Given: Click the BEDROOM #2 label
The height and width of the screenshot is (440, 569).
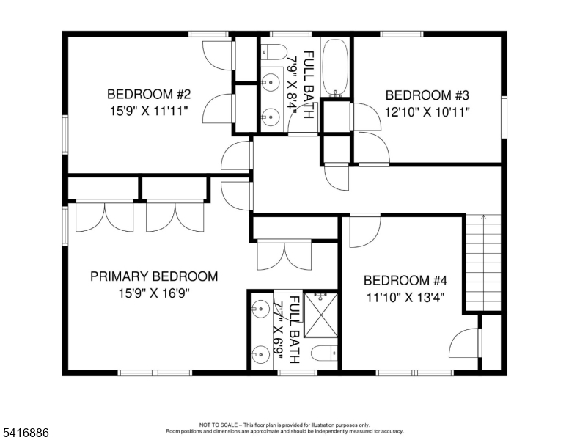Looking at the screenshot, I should (149, 94).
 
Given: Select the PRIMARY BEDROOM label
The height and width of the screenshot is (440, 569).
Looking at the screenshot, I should (154, 276).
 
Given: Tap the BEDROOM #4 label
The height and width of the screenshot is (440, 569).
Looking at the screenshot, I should (405, 280).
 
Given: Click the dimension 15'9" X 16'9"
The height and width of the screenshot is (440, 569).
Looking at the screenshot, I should (154, 293).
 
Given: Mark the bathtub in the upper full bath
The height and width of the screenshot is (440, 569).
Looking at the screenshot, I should (337, 67).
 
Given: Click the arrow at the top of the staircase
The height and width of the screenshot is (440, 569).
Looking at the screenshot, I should (483, 219).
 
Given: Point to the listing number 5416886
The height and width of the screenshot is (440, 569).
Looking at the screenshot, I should (25, 433).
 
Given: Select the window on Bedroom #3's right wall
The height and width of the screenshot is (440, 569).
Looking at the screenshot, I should (504, 116).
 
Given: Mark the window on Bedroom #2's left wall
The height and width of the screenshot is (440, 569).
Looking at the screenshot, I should (65, 135).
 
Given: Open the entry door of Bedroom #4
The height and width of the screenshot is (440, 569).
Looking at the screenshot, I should (364, 230).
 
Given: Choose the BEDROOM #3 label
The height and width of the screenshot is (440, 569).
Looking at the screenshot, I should (427, 95).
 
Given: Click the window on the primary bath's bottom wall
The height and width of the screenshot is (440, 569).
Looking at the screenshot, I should (296, 373).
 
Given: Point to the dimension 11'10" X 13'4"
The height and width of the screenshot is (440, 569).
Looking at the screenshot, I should (405, 297).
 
